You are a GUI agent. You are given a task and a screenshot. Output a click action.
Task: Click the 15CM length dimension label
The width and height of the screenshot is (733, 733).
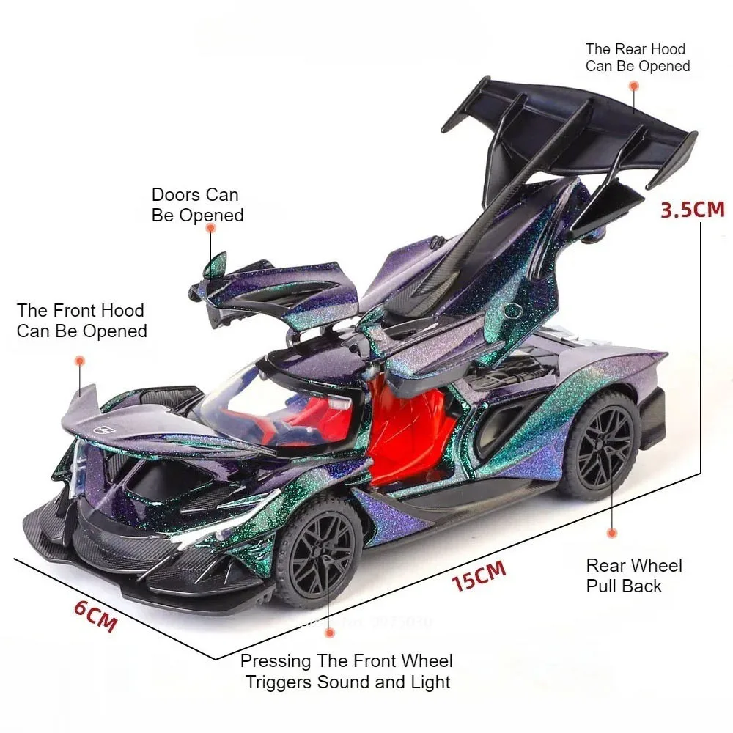(x=479, y=575)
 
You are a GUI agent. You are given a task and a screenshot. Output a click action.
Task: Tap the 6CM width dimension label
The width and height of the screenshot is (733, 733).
(x=95, y=616)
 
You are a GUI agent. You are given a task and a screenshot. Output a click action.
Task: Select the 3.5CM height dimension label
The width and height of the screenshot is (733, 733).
(x=693, y=210)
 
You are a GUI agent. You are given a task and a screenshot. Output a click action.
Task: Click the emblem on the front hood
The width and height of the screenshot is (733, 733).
(x=105, y=430)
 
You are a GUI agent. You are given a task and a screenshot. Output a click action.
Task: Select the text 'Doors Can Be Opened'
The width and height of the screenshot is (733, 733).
(x=197, y=205)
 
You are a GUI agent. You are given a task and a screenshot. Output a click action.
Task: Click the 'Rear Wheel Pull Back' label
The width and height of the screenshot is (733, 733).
(x=634, y=575)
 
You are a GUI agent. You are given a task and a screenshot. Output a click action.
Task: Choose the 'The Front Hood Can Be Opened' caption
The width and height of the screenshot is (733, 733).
(x=82, y=321)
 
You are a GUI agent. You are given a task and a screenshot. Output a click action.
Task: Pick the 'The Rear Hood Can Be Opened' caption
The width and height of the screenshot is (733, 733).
(x=638, y=57)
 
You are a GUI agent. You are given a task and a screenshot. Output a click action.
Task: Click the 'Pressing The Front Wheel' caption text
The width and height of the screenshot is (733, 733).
(x=347, y=661)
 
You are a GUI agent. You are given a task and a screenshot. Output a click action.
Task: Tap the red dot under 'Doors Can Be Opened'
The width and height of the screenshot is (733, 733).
(x=211, y=228)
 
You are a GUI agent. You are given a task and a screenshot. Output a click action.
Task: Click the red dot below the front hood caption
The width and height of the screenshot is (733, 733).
(x=80, y=361)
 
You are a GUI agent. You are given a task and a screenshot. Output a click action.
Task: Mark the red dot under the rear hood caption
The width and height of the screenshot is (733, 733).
(x=634, y=86)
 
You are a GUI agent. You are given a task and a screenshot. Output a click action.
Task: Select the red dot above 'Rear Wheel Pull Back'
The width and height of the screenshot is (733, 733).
(x=612, y=533)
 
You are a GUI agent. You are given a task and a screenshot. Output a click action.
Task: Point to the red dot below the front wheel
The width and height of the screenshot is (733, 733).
(x=330, y=633)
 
